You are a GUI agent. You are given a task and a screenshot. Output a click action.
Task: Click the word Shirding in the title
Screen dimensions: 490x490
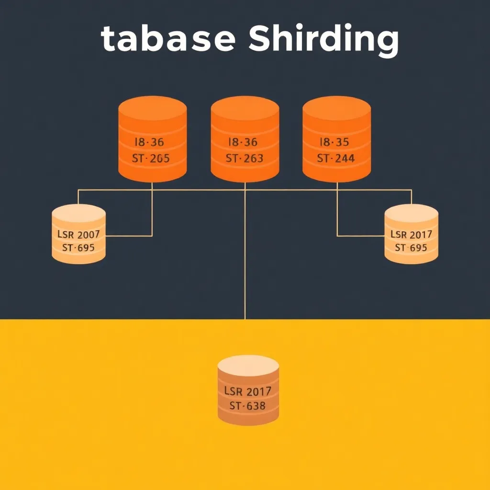click(323, 40)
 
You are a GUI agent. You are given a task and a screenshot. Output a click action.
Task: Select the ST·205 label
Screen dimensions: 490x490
click(151, 158)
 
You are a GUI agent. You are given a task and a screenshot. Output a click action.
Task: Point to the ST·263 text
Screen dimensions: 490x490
click(245, 158)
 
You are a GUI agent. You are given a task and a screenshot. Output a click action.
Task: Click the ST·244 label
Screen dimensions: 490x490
click(336, 158)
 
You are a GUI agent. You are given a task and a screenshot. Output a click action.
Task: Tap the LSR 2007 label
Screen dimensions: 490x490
click(78, 234)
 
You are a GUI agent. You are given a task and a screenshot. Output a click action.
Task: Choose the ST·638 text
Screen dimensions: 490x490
click(247, 406)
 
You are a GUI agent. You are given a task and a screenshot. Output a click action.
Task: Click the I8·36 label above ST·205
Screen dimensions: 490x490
click(150, 142)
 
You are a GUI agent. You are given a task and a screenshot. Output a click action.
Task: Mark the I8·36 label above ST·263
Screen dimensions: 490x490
click(244, 142)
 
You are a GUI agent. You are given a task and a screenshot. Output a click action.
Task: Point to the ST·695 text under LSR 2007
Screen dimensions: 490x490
click(78, 248)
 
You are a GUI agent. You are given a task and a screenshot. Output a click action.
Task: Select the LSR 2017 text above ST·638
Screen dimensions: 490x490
click(247, 391)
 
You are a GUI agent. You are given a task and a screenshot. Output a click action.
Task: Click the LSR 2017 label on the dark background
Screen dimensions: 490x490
click(412, 234)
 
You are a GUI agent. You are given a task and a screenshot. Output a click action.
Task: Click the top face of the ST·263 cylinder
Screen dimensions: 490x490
click(245, 107)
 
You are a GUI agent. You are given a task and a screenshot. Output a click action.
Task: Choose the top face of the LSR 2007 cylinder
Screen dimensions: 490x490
click(78, 212)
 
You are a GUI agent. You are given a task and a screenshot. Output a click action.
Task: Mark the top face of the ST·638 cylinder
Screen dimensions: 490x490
click(248, 366)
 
